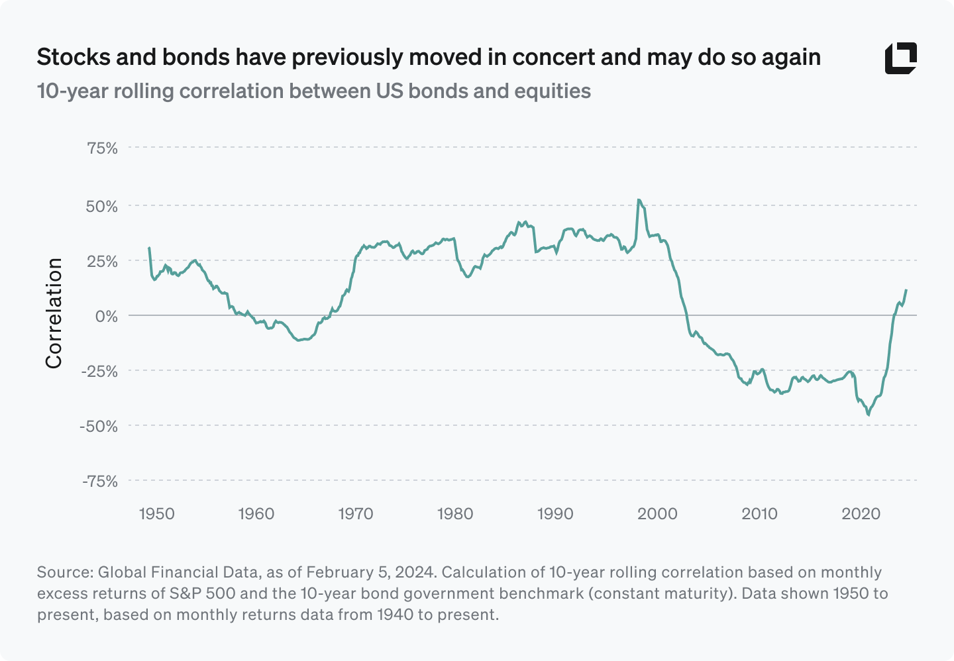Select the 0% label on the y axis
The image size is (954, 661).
(x=107, y=316)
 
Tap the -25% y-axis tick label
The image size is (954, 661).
(x=99, y=371)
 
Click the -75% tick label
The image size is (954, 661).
(x=99, y=481)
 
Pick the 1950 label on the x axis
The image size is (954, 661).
(x=156, y=514)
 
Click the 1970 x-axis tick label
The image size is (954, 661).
(x=356, y=514)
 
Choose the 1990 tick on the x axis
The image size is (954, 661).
(x=555, y=514)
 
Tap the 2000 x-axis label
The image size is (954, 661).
(x=658, y=514)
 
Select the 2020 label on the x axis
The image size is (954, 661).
(x=861, y=514)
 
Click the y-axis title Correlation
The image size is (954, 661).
(x=54, y=313)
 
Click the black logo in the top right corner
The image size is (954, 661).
(x=900, y=58)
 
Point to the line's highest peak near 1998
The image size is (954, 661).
(x=638, y=199)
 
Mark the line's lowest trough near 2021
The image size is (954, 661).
(x=869, y=415)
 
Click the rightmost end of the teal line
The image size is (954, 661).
(x=906, y=290)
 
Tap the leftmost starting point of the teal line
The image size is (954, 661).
(x=149, y=248)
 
